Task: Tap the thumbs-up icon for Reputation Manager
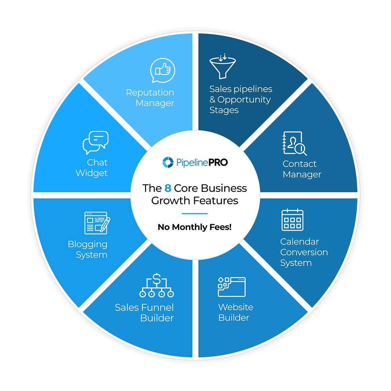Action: (163, 70)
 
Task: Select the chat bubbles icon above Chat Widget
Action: (95, 142)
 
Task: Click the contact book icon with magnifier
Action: (295, 143)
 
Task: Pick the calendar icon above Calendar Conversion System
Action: (292, 220)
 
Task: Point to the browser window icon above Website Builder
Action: (232, 287)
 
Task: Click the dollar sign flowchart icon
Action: (156, 285)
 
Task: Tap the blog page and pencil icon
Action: (97, 223)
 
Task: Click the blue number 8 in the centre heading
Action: (168, 188)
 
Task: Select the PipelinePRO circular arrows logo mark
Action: (168, 162)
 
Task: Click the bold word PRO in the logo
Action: (218, 162)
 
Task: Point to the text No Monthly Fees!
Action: (195, 227)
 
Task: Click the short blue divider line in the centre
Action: (195, 213)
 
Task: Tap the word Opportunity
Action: (244, 100)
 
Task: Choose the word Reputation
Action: (150, 93)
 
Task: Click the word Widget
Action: (91, 173)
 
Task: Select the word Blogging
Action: (87, 244)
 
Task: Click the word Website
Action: (236, 307)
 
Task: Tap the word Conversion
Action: (304, 252)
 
